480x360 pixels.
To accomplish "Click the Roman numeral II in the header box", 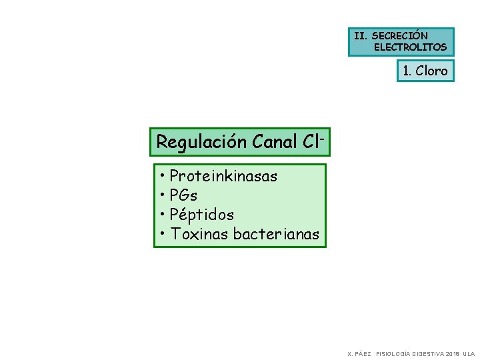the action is (360, 35).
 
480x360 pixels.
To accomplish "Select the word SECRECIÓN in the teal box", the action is (400, 35).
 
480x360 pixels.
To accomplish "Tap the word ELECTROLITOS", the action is (410, 47).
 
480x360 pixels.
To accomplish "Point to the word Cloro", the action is (431, 71).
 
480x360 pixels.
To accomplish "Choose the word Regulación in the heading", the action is (202, 142).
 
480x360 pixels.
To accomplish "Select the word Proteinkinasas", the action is (223, 176).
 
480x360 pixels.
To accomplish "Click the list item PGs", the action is (183, 195).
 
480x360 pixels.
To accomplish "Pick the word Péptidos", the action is (201, 215).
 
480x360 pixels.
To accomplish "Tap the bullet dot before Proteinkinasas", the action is (163, 176).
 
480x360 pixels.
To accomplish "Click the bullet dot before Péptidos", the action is (163, 215).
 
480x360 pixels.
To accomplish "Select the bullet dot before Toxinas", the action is (163, 234).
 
